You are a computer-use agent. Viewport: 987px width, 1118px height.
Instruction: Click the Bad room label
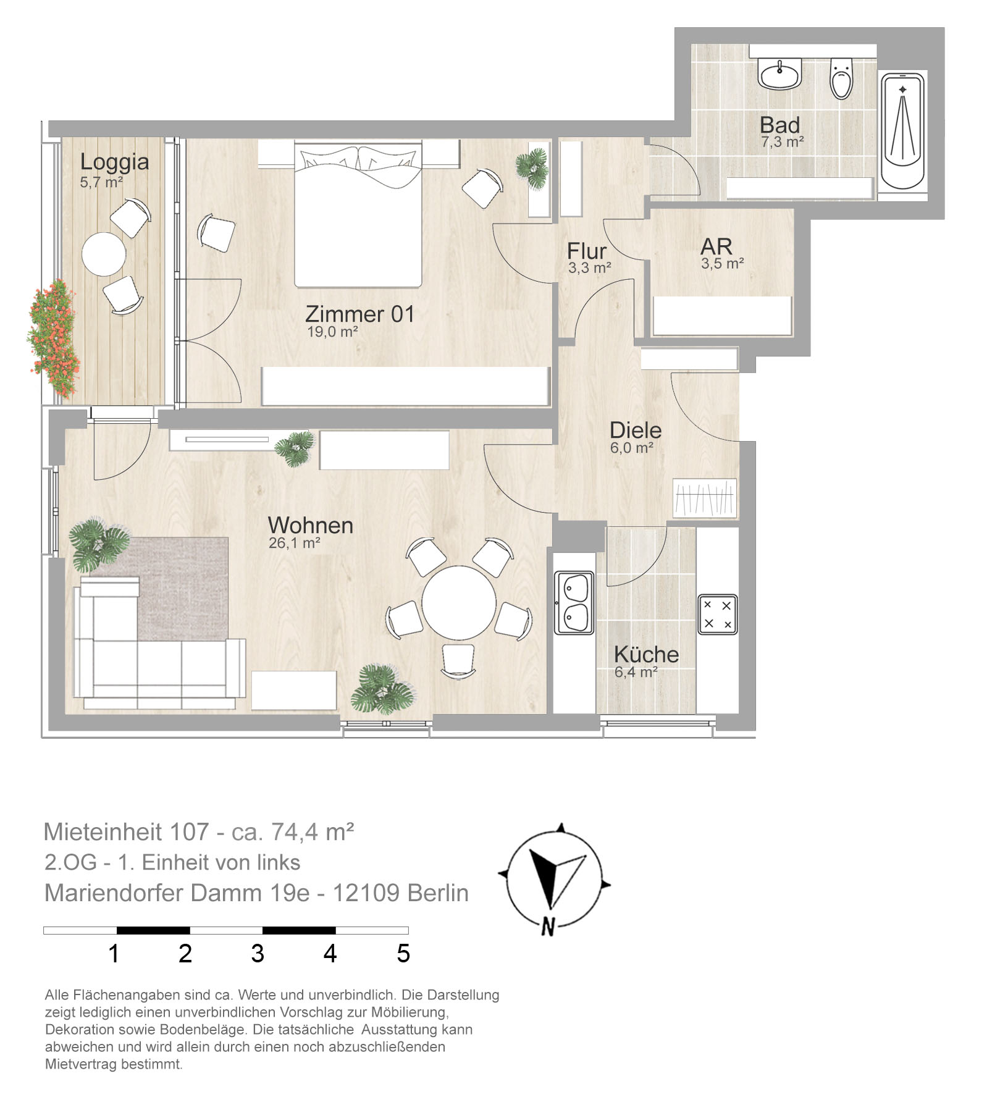tap(779, 125)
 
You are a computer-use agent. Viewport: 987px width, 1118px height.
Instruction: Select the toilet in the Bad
tap(841, 78)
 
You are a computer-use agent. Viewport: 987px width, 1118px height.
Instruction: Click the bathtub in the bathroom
tap(902, 132)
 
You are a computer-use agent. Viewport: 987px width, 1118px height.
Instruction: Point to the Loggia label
tap(114, 162)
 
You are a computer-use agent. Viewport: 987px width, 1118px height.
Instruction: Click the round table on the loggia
tap(104, 254)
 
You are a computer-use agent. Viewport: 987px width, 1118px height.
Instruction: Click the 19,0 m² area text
tap(332, 332)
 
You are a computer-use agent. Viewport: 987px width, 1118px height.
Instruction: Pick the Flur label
tap(587, 251)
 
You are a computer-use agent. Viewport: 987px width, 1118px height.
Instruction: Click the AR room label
tap(716, 246)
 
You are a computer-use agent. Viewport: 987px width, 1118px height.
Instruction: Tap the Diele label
tap(636, 430)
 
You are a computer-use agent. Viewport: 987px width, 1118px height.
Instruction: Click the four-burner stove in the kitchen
tap(718, 615)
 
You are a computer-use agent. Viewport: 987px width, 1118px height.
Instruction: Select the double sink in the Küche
tap(574, 602)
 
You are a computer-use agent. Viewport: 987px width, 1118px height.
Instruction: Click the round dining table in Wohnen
tap(459, 603)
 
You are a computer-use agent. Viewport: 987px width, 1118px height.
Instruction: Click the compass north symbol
tap(547, 927)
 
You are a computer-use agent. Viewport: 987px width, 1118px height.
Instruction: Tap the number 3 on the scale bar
tap(258, 954)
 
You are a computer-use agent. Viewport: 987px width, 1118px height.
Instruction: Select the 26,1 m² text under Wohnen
tap(294, 544)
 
